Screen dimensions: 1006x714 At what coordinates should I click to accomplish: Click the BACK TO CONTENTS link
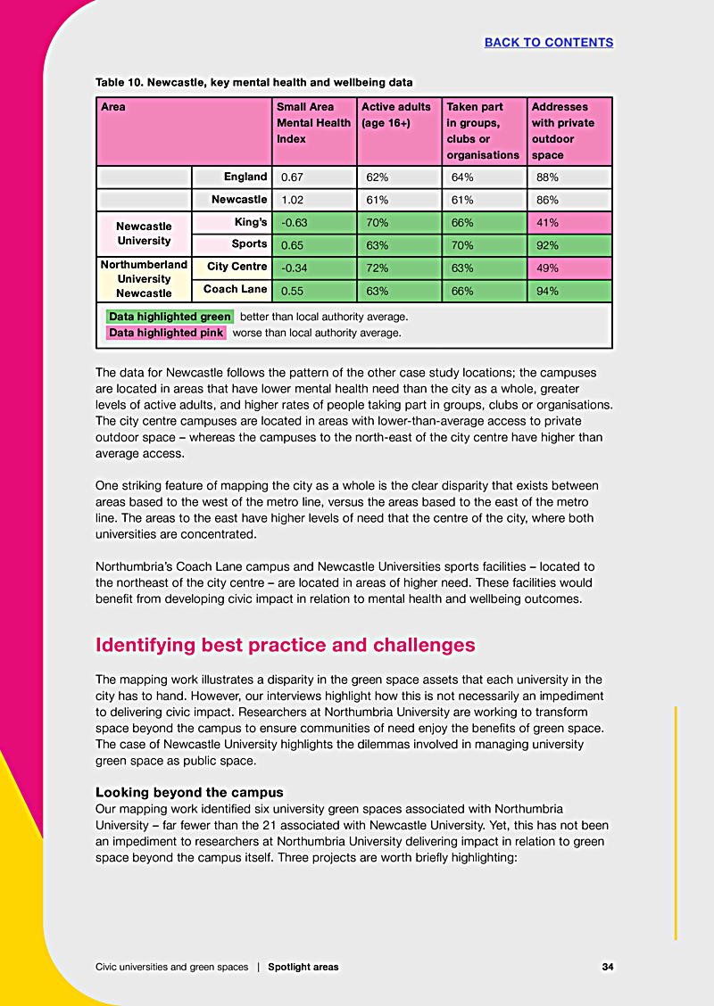[548, 42]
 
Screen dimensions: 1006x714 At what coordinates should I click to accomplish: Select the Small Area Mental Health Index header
[314, 123]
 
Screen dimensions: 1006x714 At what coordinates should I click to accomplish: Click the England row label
[245, 177]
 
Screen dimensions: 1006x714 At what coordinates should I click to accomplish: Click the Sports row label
[249, 243]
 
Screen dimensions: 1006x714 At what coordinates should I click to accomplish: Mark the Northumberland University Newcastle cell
[144, 279]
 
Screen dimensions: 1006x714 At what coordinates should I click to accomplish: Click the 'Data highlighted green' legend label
[170, 317]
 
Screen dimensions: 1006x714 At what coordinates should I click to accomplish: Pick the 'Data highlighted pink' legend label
[166, 333]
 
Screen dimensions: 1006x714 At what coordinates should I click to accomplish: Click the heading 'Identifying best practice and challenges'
[286, 645]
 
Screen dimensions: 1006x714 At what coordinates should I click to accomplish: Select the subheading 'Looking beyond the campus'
[189, 792]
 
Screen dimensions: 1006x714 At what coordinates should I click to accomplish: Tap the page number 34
[607, 967]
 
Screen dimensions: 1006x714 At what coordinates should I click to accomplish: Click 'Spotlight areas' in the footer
[303, 967]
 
